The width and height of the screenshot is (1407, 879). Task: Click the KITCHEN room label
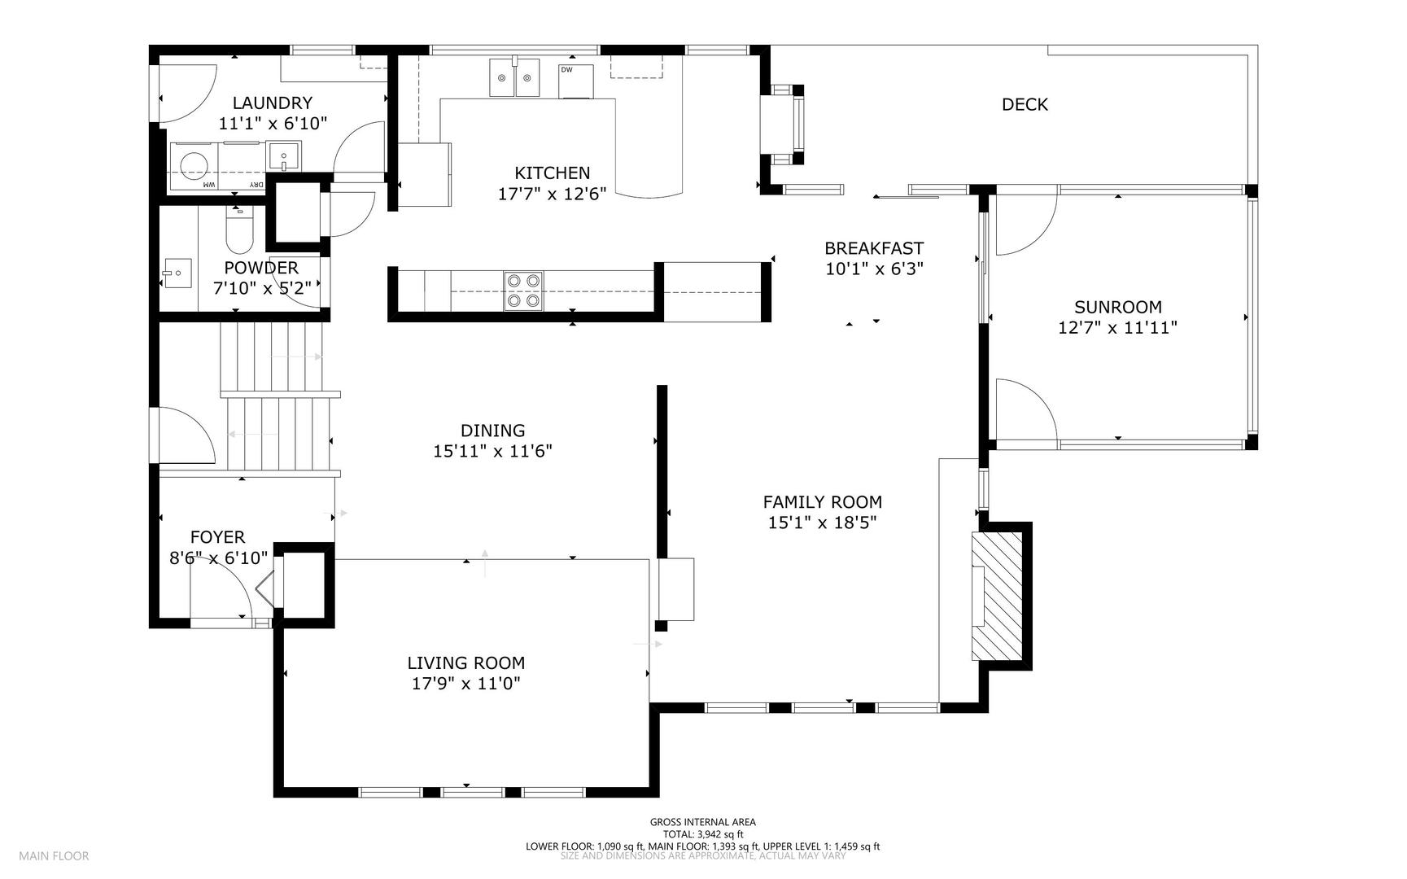[x=552, y=173]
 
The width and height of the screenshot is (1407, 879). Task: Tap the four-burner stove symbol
[x=523, y=291]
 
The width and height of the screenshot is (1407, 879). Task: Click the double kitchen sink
[x=514, y=78]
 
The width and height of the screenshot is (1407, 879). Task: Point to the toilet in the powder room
[x=239, y=233]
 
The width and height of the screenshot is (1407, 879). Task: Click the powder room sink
[x=177, y=273]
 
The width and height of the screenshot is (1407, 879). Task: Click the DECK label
[x=1025, y=104]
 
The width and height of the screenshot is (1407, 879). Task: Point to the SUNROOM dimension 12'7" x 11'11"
[x=1117, y=328]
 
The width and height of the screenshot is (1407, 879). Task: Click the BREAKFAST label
[x=874, y=248]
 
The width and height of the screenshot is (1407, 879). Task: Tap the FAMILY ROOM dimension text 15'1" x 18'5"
[x=822, y=523]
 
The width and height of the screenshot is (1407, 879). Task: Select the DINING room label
[x=492, y=431]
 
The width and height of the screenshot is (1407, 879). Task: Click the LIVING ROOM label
[x=465, y=663]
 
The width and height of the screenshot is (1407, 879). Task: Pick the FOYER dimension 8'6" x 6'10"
[x=217, y=558]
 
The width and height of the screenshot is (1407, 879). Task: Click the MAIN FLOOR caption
[x=54, y=855]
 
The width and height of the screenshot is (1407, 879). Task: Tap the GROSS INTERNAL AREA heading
[x=702, y=822]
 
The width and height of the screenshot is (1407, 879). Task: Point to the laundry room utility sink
[x=284, y=155]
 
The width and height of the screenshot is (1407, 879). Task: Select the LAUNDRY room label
[x=272, y=103]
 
